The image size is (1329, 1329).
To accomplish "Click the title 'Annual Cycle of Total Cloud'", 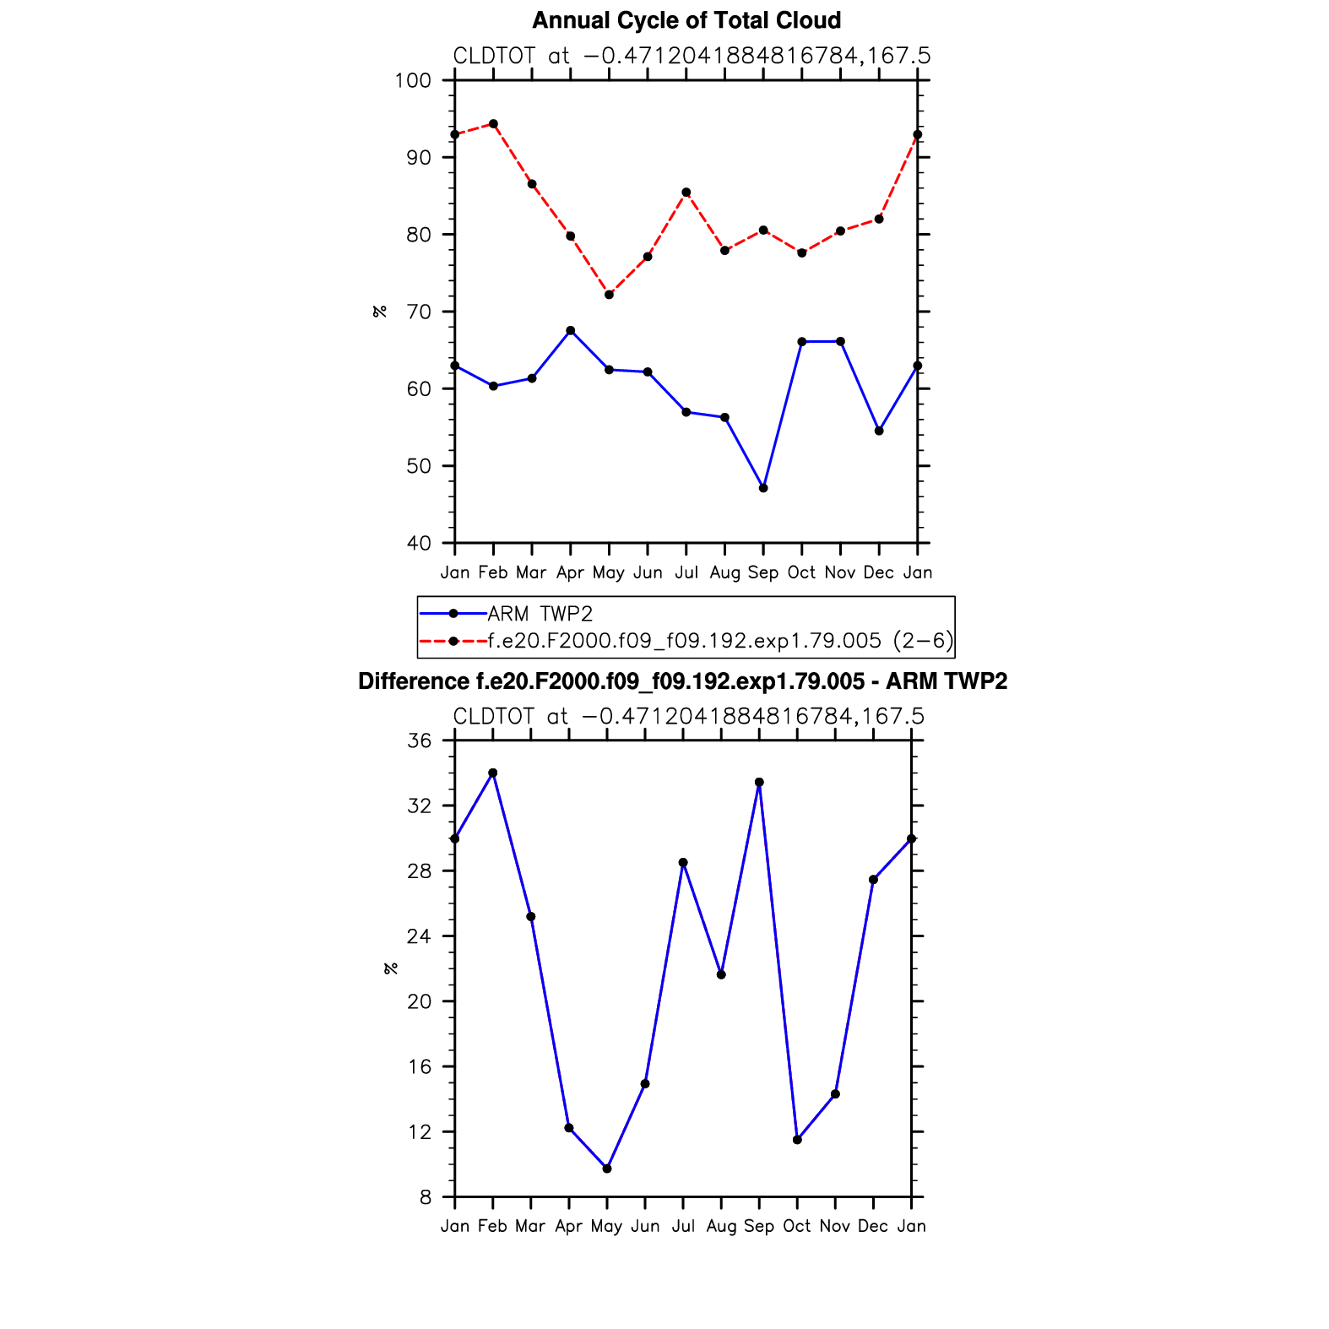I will (x=686, y=20).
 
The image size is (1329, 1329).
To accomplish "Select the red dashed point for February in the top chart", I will (x=493, y=124).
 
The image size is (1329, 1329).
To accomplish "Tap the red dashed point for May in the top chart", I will (x=609, y=295).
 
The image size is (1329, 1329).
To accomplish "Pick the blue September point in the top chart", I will (x=763, y=488).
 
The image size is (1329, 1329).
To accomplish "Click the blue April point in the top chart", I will (x=571, y=330).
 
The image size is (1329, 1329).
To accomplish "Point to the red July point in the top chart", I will (x=686, y=193).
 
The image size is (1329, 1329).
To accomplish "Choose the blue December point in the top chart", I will (x=879, y=431).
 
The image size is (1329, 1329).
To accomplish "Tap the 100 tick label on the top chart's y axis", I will (x=413, y=81).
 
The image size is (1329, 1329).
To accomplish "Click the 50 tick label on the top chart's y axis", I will (x=419, y=466).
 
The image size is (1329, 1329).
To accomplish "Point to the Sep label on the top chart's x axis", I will (x=763, y=572).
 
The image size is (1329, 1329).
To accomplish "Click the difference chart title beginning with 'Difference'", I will (x=682, y=681).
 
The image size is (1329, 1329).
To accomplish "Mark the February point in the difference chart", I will (x=493, y=773).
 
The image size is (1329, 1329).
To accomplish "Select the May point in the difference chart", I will (x=607, y=1169).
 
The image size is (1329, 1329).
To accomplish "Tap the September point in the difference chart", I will (x=759, y=783).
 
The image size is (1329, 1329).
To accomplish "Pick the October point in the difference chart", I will (x=797, y=1140).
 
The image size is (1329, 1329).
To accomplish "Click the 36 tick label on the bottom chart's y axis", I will (x=419, y=741).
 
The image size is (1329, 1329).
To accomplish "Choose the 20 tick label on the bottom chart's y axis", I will (x=419, y=1002).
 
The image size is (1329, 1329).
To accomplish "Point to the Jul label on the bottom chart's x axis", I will (x=683, y=1226).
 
